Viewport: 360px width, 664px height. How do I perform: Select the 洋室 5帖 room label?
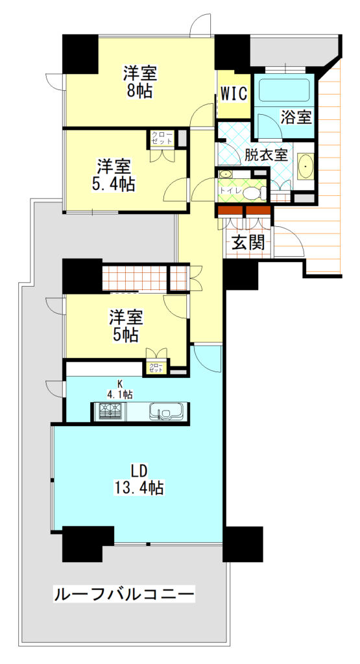[125, 326]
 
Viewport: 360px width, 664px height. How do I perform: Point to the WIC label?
[234, 93]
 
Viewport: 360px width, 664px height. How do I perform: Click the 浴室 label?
[297, 117]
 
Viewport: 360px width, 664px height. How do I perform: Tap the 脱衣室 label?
[266, 156]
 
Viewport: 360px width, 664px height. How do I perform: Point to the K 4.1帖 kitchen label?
[120, 388]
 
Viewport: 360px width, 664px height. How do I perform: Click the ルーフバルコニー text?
[123, 593]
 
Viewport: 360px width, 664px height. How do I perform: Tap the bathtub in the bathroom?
[283, 90]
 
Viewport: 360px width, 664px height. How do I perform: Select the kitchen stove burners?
[111, 412]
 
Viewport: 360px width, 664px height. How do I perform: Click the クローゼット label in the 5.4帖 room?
[162, 137]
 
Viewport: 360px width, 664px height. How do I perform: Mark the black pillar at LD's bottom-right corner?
[243, 543]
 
